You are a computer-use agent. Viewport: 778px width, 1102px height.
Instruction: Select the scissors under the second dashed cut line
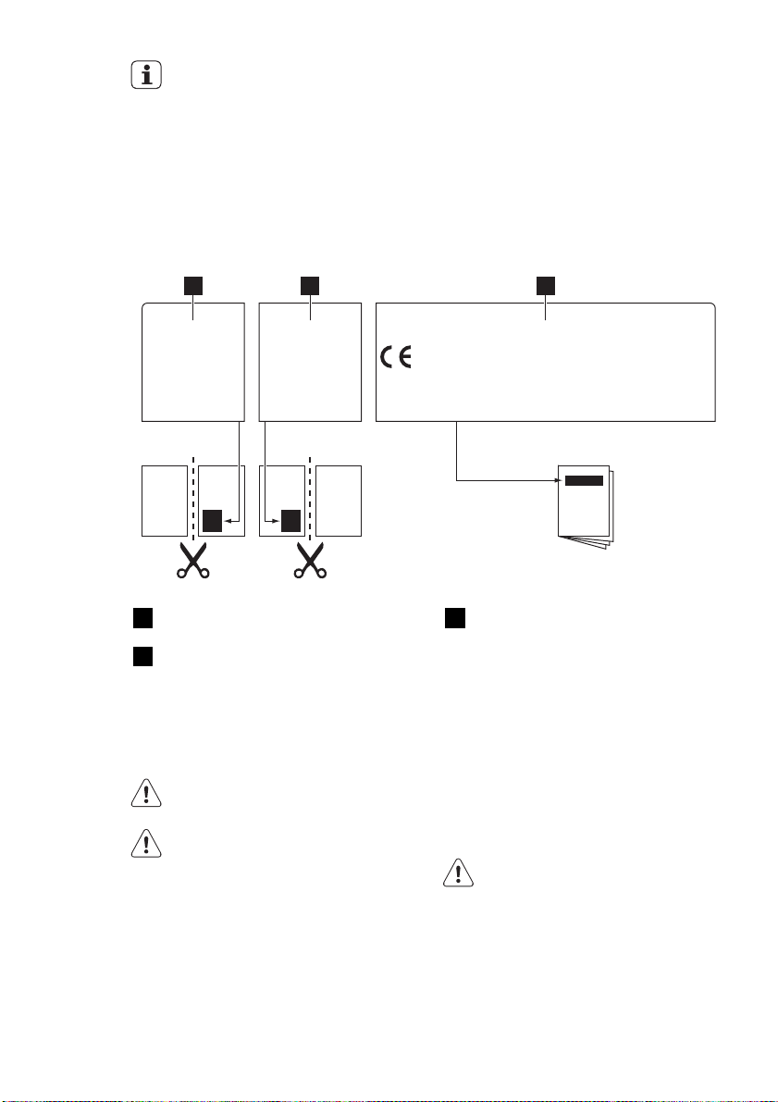pos(310,561)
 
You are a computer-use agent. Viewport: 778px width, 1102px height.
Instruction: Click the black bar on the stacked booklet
pos(584,480)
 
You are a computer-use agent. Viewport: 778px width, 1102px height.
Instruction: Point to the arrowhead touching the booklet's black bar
pos(560,480)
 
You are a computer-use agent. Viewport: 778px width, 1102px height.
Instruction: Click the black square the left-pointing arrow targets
pos(213,521)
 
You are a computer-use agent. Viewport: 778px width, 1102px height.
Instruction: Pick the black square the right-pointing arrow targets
pos(291,521)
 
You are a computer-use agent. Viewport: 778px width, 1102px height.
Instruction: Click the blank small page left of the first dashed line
pos(164,501)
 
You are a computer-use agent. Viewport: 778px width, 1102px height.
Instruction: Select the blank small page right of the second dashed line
pos(339,501)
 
